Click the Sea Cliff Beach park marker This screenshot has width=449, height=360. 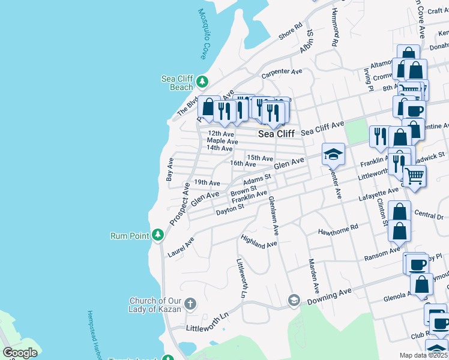pos(202,81)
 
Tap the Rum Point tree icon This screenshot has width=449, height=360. pos(157,235)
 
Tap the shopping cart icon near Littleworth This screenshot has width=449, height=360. pos(414,176)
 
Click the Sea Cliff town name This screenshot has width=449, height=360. pos(276,134)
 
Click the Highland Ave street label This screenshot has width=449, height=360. pos(259,241)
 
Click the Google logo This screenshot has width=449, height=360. pos(20,353)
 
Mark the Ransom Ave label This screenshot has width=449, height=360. pos(382,254)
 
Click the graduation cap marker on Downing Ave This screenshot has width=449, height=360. pos(294,300)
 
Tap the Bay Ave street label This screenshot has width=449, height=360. pos(170,169)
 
